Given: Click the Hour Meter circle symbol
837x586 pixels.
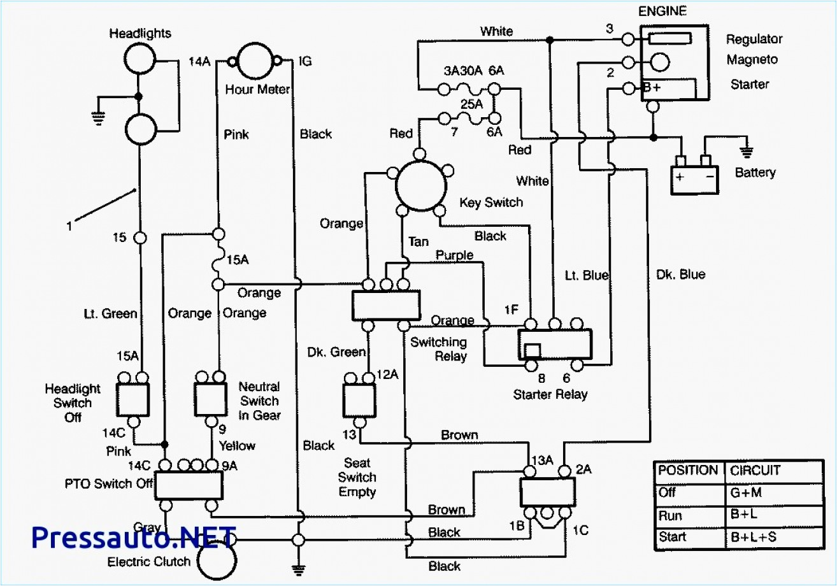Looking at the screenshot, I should point(257,61).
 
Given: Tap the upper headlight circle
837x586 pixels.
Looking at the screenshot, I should point(139,61).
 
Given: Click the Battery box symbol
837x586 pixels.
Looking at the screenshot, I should point(694,179).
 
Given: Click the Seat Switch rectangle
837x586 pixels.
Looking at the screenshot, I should point(359,401).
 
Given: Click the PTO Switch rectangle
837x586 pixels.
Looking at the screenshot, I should point(189,485).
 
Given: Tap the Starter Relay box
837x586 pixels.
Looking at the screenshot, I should point(555,345).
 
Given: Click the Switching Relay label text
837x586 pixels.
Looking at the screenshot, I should point(438,349).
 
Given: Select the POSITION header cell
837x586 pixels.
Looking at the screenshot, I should point(687,470).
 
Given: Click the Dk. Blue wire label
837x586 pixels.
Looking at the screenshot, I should point(680,275).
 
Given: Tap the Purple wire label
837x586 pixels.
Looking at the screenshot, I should point(454,255).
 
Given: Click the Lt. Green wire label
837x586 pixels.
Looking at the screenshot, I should point(110,313).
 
